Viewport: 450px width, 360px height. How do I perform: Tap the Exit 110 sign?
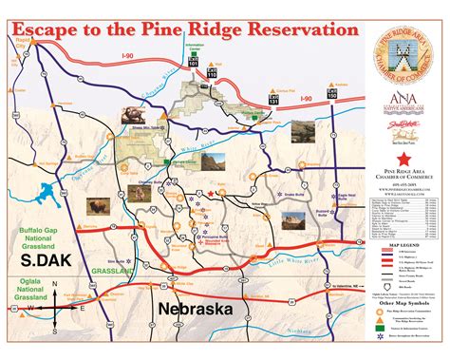(211, 72)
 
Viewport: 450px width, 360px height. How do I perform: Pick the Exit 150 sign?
(331, 94)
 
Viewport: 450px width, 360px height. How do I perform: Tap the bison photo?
(98, 207)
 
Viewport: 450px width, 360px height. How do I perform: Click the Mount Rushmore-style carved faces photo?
(133, 115)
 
